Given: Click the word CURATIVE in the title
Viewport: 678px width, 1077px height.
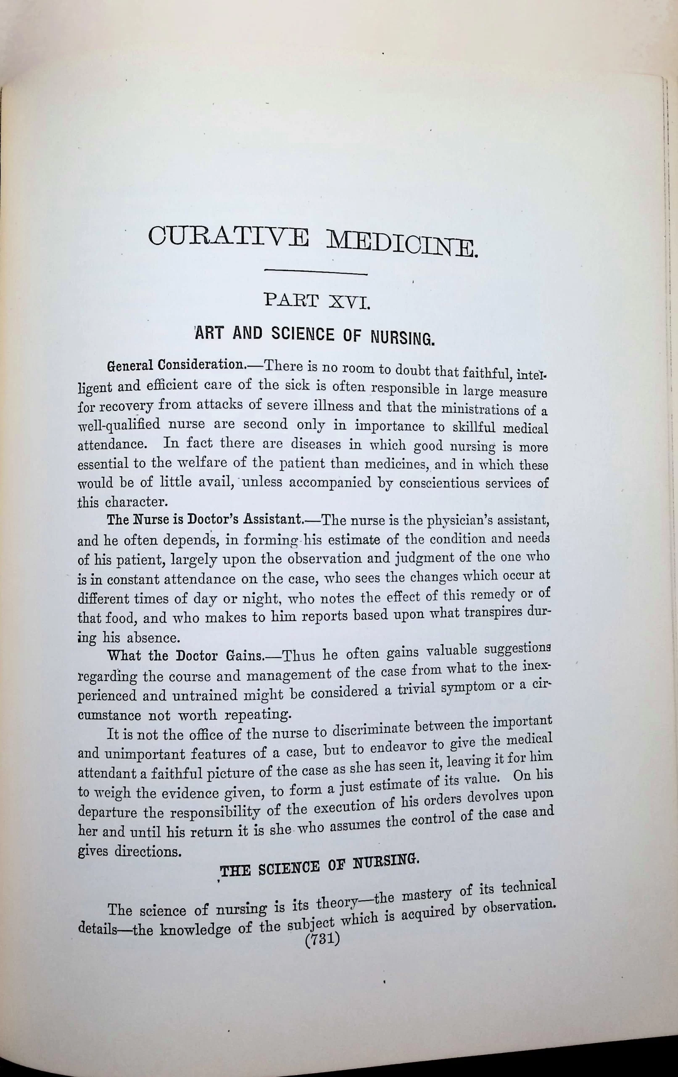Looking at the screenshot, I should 228,236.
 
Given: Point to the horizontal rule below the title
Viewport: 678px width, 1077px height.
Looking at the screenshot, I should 316,273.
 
